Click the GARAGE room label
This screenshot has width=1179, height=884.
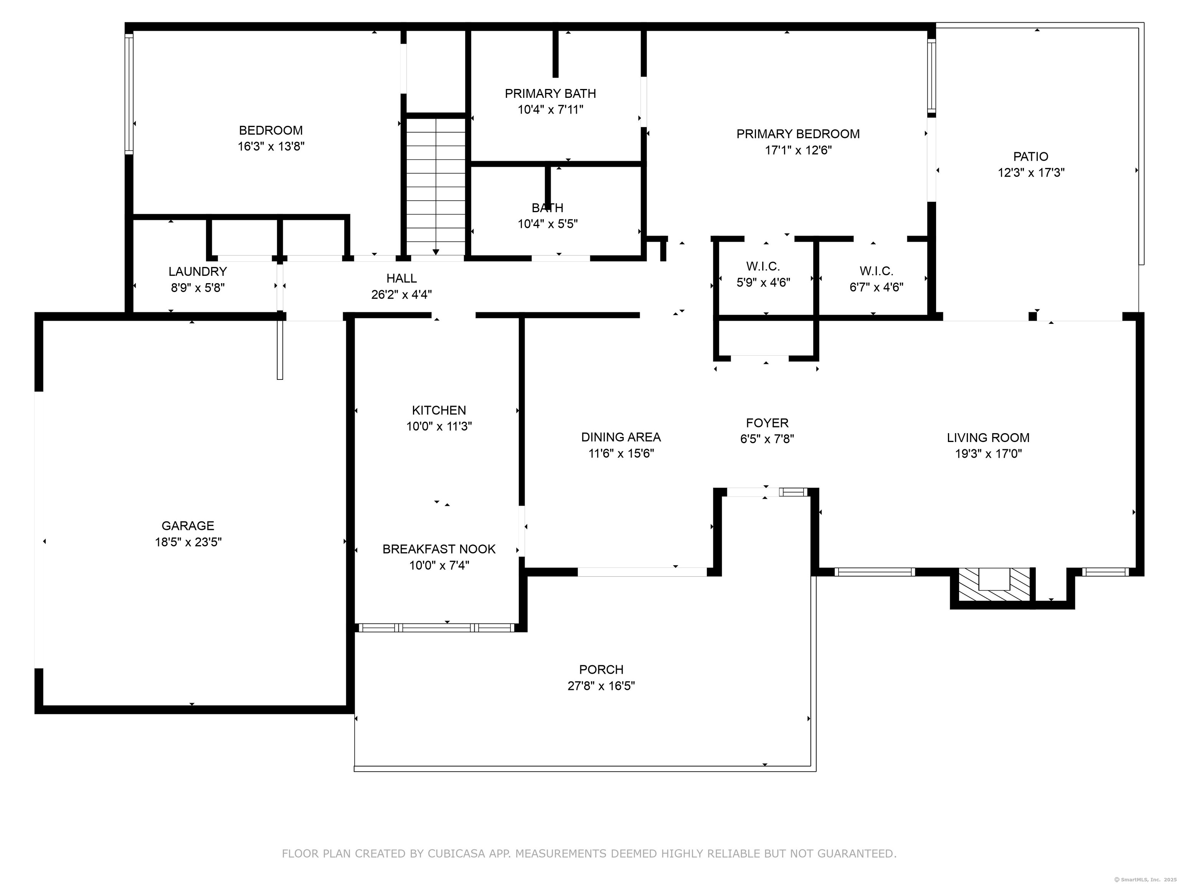pyautogui.click(x=188, y=526)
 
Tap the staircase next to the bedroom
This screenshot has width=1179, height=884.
pyautogui.click(x=436, y=186)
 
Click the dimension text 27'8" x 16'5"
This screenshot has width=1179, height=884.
pyautogui.click(x=601, y=686)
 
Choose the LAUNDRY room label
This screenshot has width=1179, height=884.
pyautogui.click(x=198, y=272)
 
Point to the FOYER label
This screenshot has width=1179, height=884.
pyautogui.click(x=767, y=423)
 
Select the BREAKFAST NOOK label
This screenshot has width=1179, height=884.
pyautogui.click(x=439, y=549)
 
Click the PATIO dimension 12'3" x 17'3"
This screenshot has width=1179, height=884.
pyautogui.click(x=1031, y=173)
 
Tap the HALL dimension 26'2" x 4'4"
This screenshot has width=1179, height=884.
pyautogui.click(x=401, y=295)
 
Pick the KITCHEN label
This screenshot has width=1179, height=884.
pyautogui.click(x=439, y=410)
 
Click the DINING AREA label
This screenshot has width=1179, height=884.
pyautogui.click(x=621, y=437)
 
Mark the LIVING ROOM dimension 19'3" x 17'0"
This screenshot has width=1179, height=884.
pyautogui.click(x=988, y=454)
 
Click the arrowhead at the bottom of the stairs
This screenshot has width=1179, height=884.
pyautogui.click(x=436, y=252)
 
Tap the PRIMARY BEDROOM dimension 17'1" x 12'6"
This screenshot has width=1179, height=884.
pyautogui.click(x=798, y=151)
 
